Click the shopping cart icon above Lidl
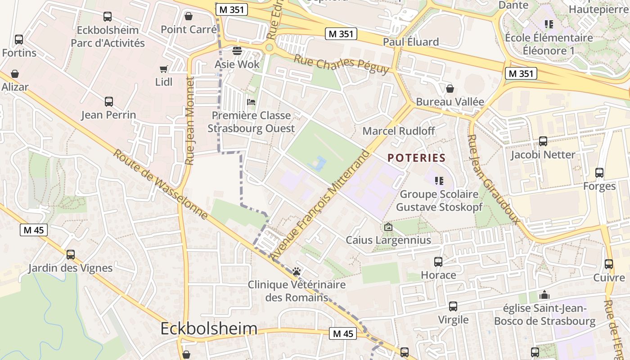coord(164,69)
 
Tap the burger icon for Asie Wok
coord(237,50)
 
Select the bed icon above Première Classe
coord(251,102)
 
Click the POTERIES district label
coord(416,158)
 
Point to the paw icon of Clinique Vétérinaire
coord(297,271)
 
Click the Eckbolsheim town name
coord(209,328)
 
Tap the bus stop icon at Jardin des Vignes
coord(71,254)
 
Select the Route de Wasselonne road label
coord(160,184)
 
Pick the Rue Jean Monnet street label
coord(189,121)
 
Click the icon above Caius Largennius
coord(388,227)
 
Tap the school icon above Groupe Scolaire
coord(439,181)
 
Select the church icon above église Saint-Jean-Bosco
coord(544,295)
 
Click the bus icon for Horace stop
coord(438,261)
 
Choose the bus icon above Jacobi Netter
coord(543,141)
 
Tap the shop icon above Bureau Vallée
coord(450,89)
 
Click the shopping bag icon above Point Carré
coord(189,16)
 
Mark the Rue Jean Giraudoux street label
coord(493,179)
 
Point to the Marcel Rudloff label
coord(399,131)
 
